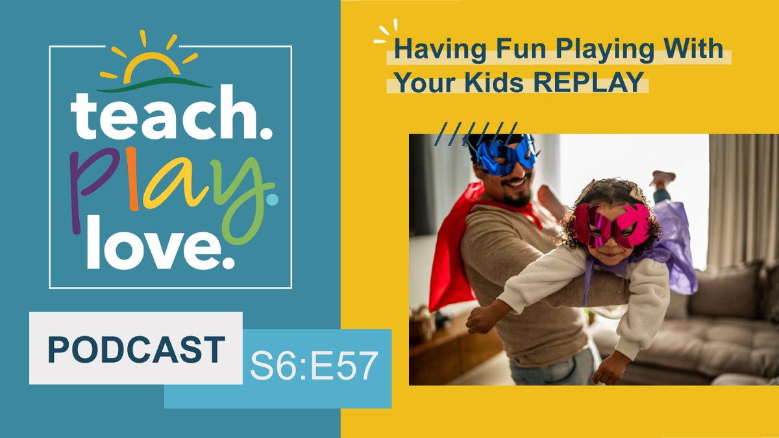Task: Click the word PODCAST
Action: pyautogui.click(x=136, y=349)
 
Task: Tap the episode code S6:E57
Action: pyautogui.click(x=314, y=367)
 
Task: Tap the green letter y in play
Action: pyautogui.click(x=243, y=195)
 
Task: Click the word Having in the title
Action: pyautogui.click(x=427, y=50)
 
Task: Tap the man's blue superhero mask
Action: pyautogui.click(x=505, y=156)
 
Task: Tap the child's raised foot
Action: pyautogui.click(x=663, y=177)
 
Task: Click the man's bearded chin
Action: pyautogui.click(x=517, y=199)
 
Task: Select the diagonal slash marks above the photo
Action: pyautogui.click(x=476, y=133)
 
